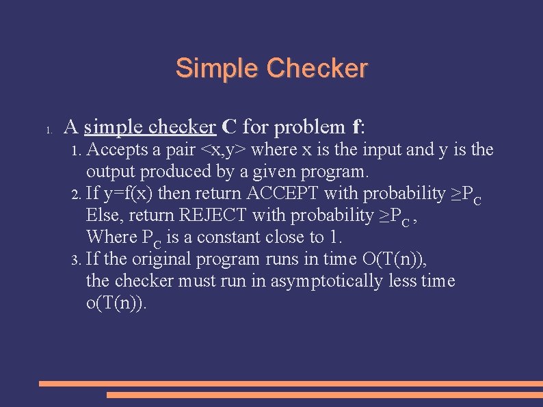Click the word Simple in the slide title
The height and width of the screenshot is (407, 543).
217,68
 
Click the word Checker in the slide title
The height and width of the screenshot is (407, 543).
317,68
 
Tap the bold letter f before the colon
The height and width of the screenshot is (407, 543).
356,127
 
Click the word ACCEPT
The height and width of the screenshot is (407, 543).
282,194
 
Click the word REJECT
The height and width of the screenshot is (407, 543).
213,215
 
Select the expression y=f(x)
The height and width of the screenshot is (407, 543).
129,194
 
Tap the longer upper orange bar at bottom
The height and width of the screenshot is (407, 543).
291,384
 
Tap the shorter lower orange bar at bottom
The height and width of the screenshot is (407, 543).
324,395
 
